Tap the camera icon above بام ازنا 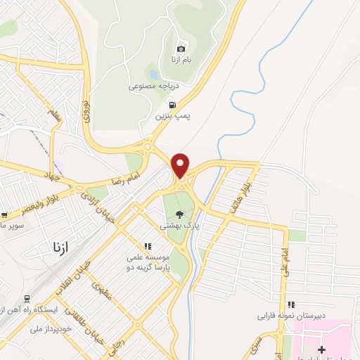click(181, 49)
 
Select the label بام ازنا click(181, 60)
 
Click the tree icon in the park click(179, 214)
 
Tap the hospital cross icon click(322, 349)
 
